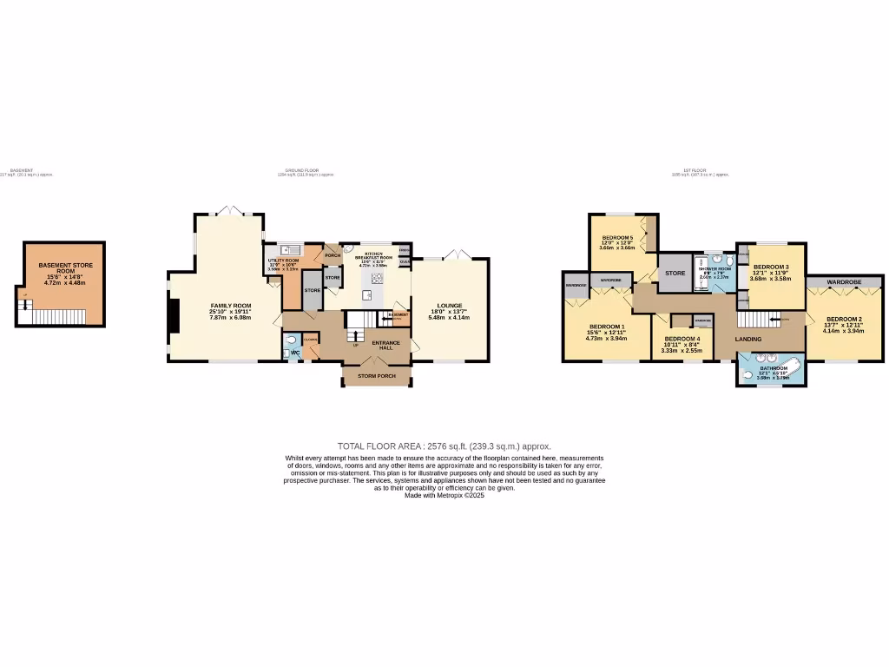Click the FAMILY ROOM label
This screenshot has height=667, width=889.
pyautogui.click(x=230, y=306)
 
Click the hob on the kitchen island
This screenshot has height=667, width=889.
pyautogui.click(x=378, y=278)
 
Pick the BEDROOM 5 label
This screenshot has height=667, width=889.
pyautogui.click(x=617, y=237)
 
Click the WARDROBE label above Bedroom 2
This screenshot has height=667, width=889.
pyautogui.click(x=843, y=282)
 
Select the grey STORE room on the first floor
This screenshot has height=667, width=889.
pyautogui.click(x=675, y=274)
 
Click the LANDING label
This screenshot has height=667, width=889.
pyautogui.click(x=747, y=339)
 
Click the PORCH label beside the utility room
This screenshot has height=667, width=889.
pyautogui.click(x=332, y=255)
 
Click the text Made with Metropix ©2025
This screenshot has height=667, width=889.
pyautogui.click(x=444, y=495)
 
